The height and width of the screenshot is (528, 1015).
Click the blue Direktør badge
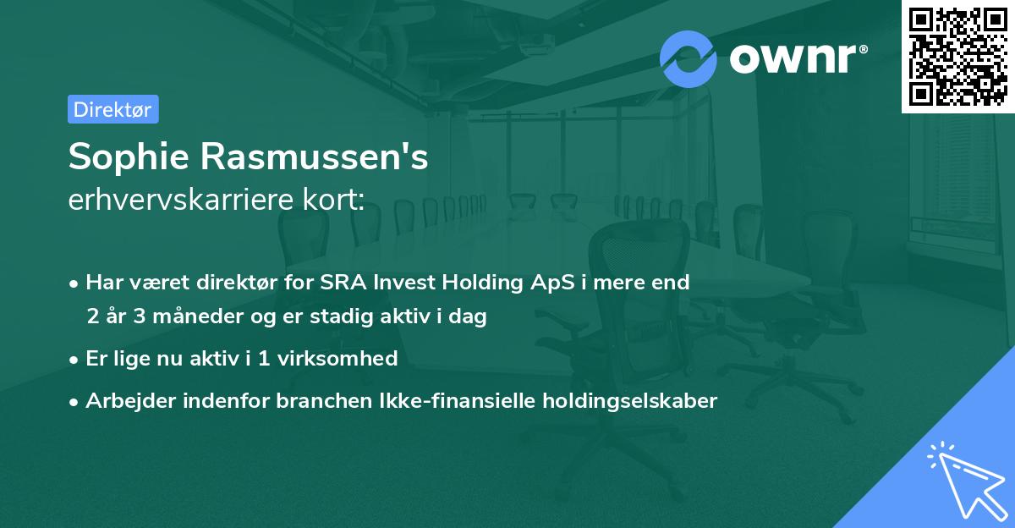tap(112, 109)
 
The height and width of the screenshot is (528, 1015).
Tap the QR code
tap(956, 56)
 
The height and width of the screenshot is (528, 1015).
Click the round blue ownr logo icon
tap(689, 59)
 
